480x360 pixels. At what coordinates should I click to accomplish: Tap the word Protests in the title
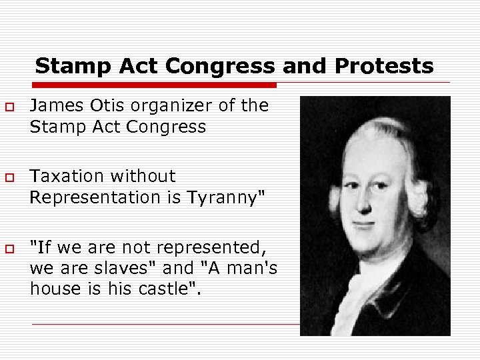pos(385,67)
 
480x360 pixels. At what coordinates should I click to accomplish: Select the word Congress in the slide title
pos(219,67)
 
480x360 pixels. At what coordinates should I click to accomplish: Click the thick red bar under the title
pos(153,85)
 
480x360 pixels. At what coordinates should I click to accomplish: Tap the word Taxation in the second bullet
pos(67,176)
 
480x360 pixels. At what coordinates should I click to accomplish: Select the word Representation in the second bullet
pos(93,197)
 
